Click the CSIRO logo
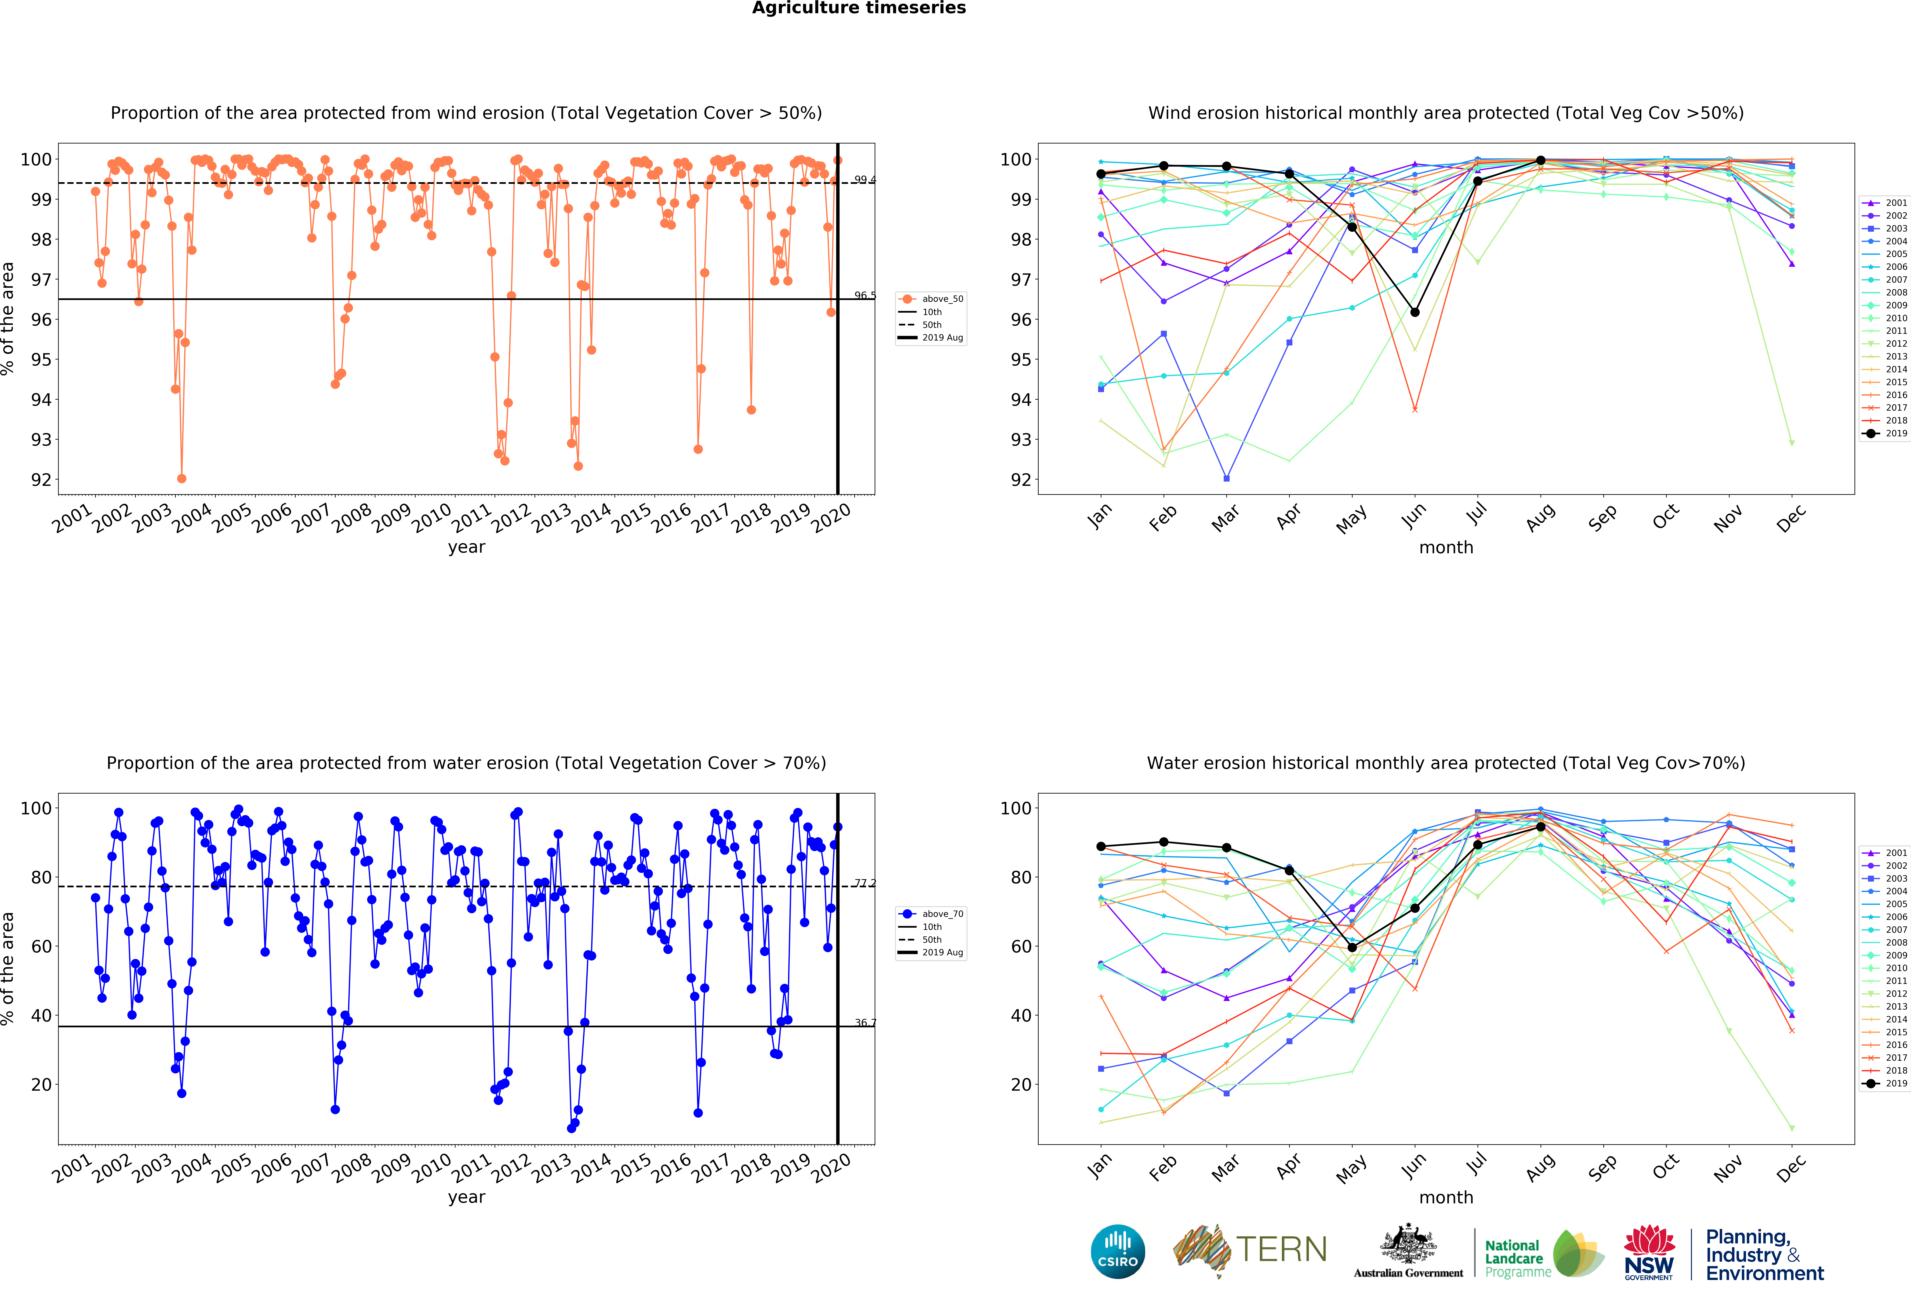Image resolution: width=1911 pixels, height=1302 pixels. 1117,1252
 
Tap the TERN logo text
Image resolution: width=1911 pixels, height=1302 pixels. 1281,1249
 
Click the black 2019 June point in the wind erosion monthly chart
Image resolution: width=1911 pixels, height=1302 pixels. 1414,312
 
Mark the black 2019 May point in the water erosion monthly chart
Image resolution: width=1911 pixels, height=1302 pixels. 1352,948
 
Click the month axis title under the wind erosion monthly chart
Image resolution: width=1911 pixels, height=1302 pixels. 1446,547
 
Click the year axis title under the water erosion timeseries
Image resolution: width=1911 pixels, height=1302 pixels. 466,1197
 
